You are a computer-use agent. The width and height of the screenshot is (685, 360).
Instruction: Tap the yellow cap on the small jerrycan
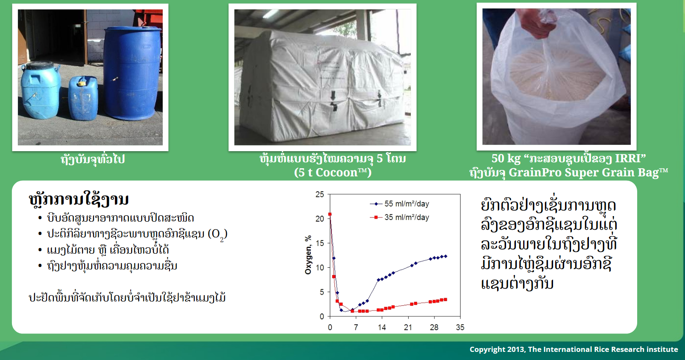(82, 83)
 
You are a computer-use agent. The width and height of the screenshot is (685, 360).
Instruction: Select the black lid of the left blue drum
(41, 66)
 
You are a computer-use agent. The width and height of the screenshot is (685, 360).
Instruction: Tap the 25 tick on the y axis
(320, 195)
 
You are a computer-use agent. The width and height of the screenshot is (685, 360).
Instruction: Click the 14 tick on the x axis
(382, 327)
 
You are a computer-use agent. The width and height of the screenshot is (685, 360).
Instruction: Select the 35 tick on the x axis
(460, 327)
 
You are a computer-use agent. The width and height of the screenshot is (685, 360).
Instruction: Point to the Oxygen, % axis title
(308, 255)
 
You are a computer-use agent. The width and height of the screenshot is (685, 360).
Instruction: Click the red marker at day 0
(330, 214)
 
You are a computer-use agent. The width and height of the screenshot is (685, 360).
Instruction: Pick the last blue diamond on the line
(445, 256)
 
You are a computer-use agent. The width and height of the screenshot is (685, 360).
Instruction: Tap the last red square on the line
(445, 299)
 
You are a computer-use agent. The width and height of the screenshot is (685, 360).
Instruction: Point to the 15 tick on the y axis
(320, 243)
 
